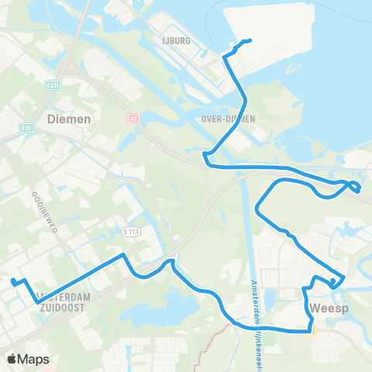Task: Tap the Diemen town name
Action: pyautogui.click(x=69, y=119)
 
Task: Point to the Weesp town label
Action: pyautogui.click(x=325, y=308)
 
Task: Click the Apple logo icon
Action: pyautogui.click(x=12, y=359)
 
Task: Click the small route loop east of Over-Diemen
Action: pyautogui.click(x=353, y=186)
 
